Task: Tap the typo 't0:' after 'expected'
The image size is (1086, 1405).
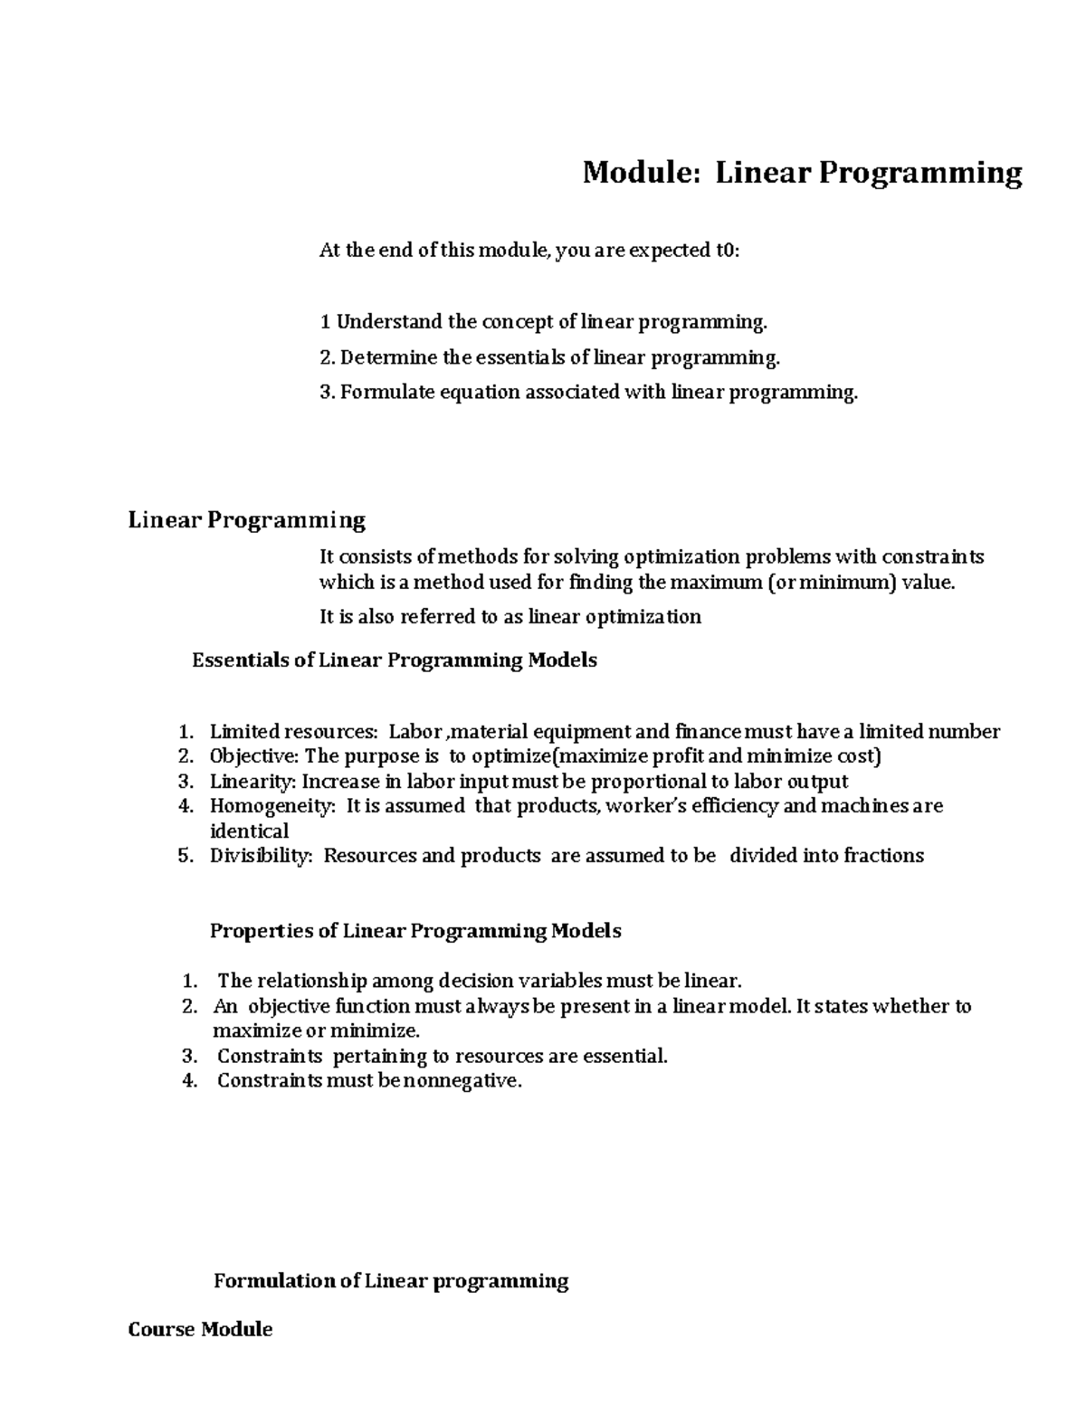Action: (726, 252)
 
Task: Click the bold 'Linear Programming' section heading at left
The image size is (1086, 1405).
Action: (246, 520)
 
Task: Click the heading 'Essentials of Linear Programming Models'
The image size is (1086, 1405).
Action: (395, 660)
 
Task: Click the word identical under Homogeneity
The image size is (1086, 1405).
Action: (249, 831)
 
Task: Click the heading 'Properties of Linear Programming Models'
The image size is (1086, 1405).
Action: (415, 931)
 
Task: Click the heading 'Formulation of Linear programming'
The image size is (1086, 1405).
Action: (390, 1281)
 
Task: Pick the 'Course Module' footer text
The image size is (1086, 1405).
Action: (200, 1330)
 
